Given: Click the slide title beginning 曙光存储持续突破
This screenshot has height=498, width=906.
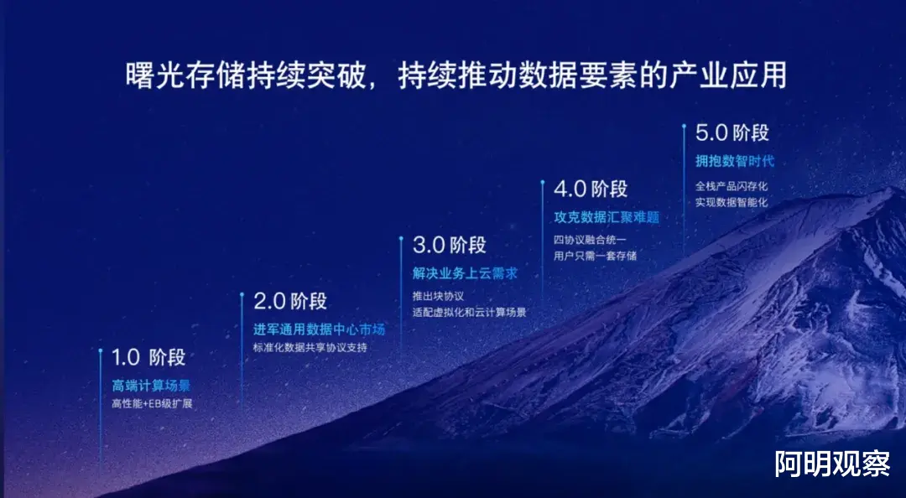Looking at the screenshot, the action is (456, 75).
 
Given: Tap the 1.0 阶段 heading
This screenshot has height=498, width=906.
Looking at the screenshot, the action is (148, 358).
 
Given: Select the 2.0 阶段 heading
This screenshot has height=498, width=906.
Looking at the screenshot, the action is (290, 301).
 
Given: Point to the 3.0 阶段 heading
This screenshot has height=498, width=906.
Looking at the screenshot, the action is (450, 245).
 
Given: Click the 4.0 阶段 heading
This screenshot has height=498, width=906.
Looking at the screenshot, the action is (591, 189).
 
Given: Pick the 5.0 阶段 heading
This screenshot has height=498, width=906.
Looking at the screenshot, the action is (732, 132).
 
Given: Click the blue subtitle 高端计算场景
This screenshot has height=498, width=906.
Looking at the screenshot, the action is (151, 386).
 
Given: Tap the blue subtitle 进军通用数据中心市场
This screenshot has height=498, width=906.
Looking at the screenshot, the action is (319, 329).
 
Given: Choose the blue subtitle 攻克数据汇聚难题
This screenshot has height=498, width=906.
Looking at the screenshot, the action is (607, 218).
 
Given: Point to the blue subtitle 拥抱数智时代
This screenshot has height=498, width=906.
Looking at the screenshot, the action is (734, 161).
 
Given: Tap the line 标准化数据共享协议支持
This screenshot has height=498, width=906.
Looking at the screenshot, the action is (310, 348).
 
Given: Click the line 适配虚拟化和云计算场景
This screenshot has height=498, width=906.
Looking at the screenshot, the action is (469, 313).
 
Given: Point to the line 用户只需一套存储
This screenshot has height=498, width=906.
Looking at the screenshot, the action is (595, 256).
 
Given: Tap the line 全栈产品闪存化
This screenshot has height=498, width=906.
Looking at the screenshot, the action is (732, 187).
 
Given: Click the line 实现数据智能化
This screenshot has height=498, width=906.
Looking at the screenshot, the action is (732, 204).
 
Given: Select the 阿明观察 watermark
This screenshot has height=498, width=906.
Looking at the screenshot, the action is (833, 464).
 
